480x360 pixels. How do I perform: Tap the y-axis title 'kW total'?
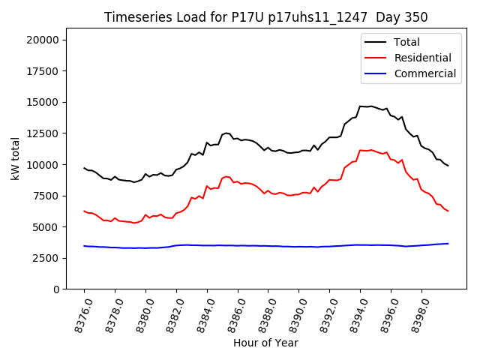15,159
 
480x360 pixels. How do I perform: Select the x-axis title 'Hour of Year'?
265,343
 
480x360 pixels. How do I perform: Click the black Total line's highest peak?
370,106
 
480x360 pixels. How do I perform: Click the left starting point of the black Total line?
84,168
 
